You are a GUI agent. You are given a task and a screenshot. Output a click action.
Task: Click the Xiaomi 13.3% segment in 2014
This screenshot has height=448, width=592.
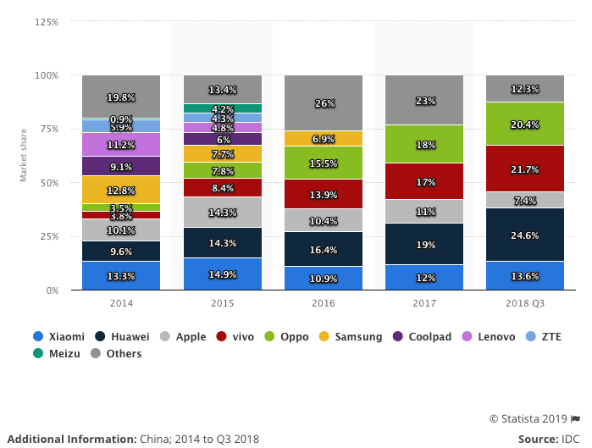(x=121, y=275)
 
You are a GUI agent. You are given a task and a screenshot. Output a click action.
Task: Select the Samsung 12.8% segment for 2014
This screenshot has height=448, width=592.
(x=121, y=190)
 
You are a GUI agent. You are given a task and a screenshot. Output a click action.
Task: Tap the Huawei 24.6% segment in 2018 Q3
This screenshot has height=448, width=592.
(x=525, y=235)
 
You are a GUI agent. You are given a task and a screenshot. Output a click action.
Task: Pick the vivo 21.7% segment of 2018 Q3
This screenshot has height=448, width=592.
(x=525, y=169)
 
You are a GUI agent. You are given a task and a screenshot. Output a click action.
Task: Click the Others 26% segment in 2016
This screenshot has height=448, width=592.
(x=324, y=102)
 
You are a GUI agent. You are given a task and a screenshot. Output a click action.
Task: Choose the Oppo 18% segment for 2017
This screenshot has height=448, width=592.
(x=424, y=144)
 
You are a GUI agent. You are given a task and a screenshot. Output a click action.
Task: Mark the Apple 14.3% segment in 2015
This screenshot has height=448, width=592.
(x=223, y=212)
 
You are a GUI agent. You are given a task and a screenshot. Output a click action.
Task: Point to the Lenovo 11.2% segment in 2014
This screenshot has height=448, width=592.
(x=121, y=144)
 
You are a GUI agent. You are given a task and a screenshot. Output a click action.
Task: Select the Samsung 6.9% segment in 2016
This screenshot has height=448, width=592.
(x=324, y=138)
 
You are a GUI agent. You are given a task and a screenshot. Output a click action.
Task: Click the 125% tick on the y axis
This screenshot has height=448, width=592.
(x=47, y=22)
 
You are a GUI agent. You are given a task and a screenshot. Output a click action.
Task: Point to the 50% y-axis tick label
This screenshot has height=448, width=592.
(x=49, y=183)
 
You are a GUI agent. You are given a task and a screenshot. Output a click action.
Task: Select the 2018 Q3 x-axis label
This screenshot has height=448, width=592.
(x=525, y=302)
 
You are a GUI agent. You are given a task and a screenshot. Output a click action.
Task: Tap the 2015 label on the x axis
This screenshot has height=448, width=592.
(x=223, y=302)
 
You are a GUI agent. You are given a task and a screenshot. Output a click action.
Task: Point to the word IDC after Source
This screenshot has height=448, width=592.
(x=571, y=439)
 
